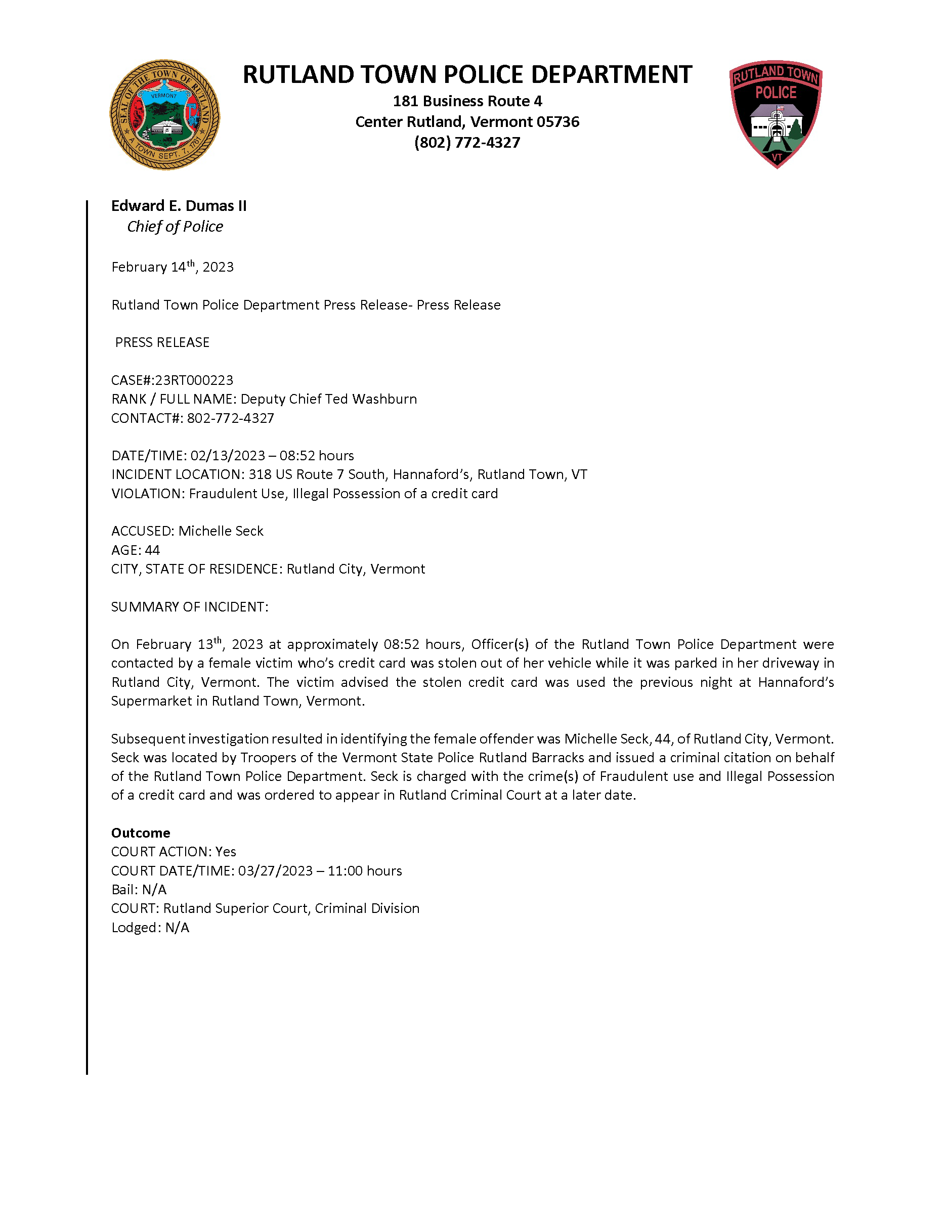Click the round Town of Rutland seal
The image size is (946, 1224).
[164, 115]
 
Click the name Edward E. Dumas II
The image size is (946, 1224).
[179, 206]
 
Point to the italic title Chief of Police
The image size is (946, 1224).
[175, 227]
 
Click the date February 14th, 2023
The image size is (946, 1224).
[172, 267]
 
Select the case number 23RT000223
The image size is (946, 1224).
[194, 380]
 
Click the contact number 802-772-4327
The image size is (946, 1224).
[230, 418]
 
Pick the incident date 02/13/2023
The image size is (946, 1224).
[228, 456]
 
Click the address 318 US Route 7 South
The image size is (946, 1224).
[317, 475]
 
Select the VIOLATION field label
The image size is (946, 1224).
[147, 494]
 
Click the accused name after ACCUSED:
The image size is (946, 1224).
[221, 531]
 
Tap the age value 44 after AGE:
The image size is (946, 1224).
[152, 550]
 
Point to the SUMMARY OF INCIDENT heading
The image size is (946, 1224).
[189, 607]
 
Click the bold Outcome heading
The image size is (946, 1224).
[140, 833]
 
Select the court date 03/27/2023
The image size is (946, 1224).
[275, 871]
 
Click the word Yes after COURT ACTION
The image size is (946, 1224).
[226, 852]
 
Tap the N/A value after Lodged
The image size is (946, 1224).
[177, 928]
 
